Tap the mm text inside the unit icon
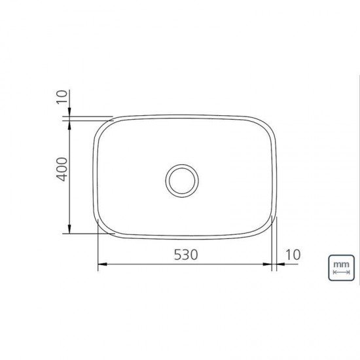pos(340,264)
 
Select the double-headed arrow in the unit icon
pos(340,272)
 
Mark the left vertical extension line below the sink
pos(98,252)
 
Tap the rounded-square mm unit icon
pos(340,268)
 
